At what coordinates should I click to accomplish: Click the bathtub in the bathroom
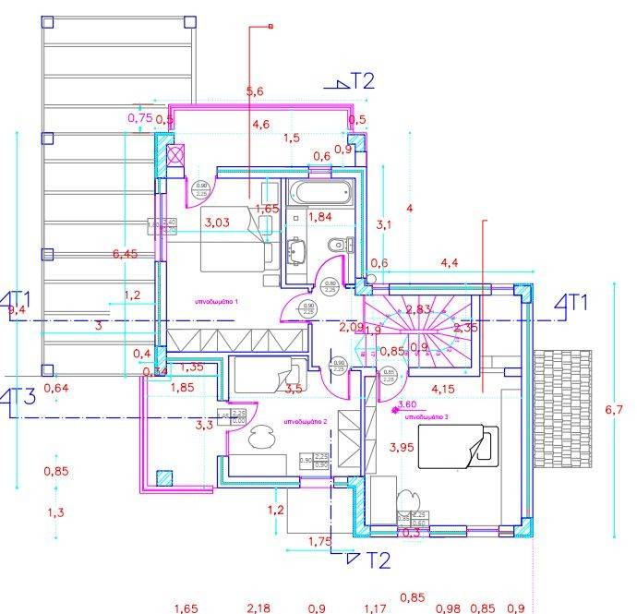coord(320,194)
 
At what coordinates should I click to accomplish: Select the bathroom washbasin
coord(297,249)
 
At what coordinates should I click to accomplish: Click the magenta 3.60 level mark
coord(406,403)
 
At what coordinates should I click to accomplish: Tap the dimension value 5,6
coord(255,90)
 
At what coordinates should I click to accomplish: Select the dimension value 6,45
coord(125,254)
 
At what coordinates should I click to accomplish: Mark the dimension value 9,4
coord(17,311)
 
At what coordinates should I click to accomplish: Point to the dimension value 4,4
coord(450,263)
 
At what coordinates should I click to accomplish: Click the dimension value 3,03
coord(217,223)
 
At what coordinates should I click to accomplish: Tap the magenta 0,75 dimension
coord(139,117)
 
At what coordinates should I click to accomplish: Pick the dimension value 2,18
coord(259,608)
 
